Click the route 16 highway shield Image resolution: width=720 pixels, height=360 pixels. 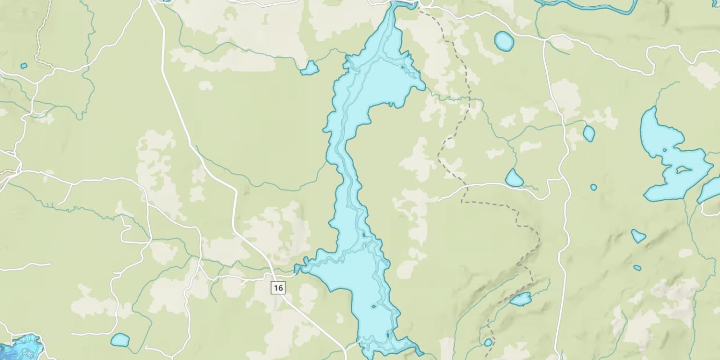pyautogui.click(x=278, y=288)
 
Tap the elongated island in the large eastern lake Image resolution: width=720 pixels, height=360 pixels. pyautogui.click(x=683, y=169)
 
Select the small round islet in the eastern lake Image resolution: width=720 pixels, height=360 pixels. pyautogui.click(x=665, y=150)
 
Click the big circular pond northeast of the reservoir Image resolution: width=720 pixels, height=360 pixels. pyautogui.click(x=504, y=41)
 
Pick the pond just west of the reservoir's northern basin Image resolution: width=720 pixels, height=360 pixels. pyautogui.click(x=310, y=68)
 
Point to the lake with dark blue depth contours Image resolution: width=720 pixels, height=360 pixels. pyautogui.click(x=22, y=347)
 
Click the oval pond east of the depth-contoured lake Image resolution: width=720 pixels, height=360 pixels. pyautogui.click(x=120, y=340)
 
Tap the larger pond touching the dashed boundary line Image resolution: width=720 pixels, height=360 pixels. pyautogui.click(x=520, y=300)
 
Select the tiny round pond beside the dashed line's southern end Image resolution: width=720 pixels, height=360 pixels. pyautogui.click(x=488, y=342)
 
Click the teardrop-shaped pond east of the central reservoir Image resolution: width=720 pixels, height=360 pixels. pyautogui.click(x=514, y=179)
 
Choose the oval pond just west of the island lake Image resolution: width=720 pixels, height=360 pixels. pyautogui.click(x=589, y=133)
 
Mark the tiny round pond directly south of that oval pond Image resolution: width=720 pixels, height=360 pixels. pyautogui.click(x=594, y=187)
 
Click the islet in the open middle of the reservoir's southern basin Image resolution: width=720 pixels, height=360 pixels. pyautogui.click(x=373, y=306)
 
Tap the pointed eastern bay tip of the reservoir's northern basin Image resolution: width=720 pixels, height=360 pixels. pyautogui.click(x=423, y=87)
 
